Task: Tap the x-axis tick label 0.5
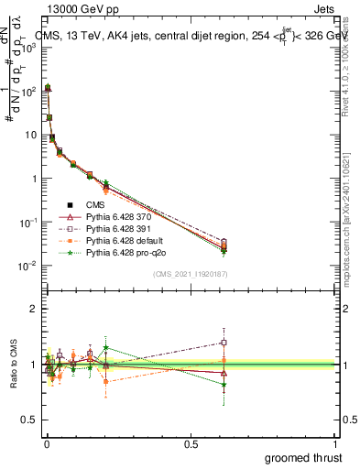click(191, 441)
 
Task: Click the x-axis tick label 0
click(47, 441)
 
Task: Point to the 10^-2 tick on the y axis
click(26, 267)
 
